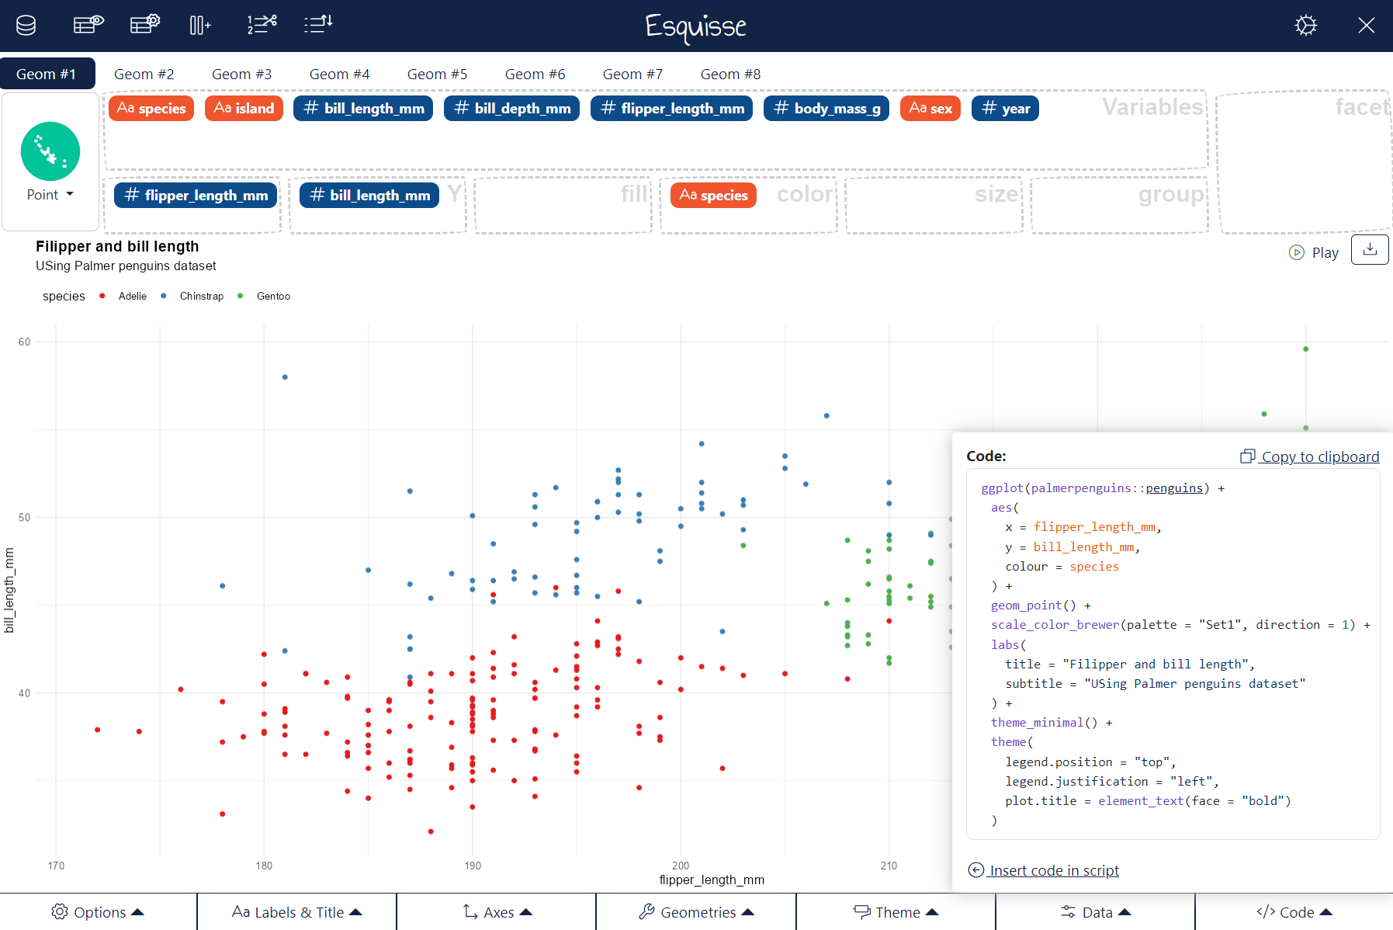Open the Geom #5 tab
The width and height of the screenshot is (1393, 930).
pos(437,75)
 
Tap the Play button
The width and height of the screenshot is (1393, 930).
pos(1315,252)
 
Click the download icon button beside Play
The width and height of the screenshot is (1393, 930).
pos(1370,249)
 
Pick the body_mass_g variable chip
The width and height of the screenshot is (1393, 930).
pos(826,109)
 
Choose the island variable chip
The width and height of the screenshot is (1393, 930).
pos(244,109)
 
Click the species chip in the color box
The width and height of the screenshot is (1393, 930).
pos(713,196)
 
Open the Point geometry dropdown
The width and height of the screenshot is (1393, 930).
pos(50,195)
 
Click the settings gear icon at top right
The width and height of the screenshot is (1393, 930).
pos(1305,26)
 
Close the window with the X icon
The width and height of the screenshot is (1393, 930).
pos(1366,26)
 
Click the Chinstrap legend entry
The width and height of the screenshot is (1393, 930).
pos(201,297)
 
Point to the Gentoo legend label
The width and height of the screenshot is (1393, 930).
pos(273,297)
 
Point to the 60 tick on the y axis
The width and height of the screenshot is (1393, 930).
pos(25,342)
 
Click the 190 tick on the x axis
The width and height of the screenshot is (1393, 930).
pos(472,866)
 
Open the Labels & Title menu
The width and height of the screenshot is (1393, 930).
pos(296,912)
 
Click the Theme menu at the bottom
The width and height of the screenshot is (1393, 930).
pos(896,912)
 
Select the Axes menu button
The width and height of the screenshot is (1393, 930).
pos(497,912)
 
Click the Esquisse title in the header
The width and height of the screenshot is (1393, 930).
pos(695,26)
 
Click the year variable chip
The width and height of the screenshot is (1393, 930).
pos(1005,109)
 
